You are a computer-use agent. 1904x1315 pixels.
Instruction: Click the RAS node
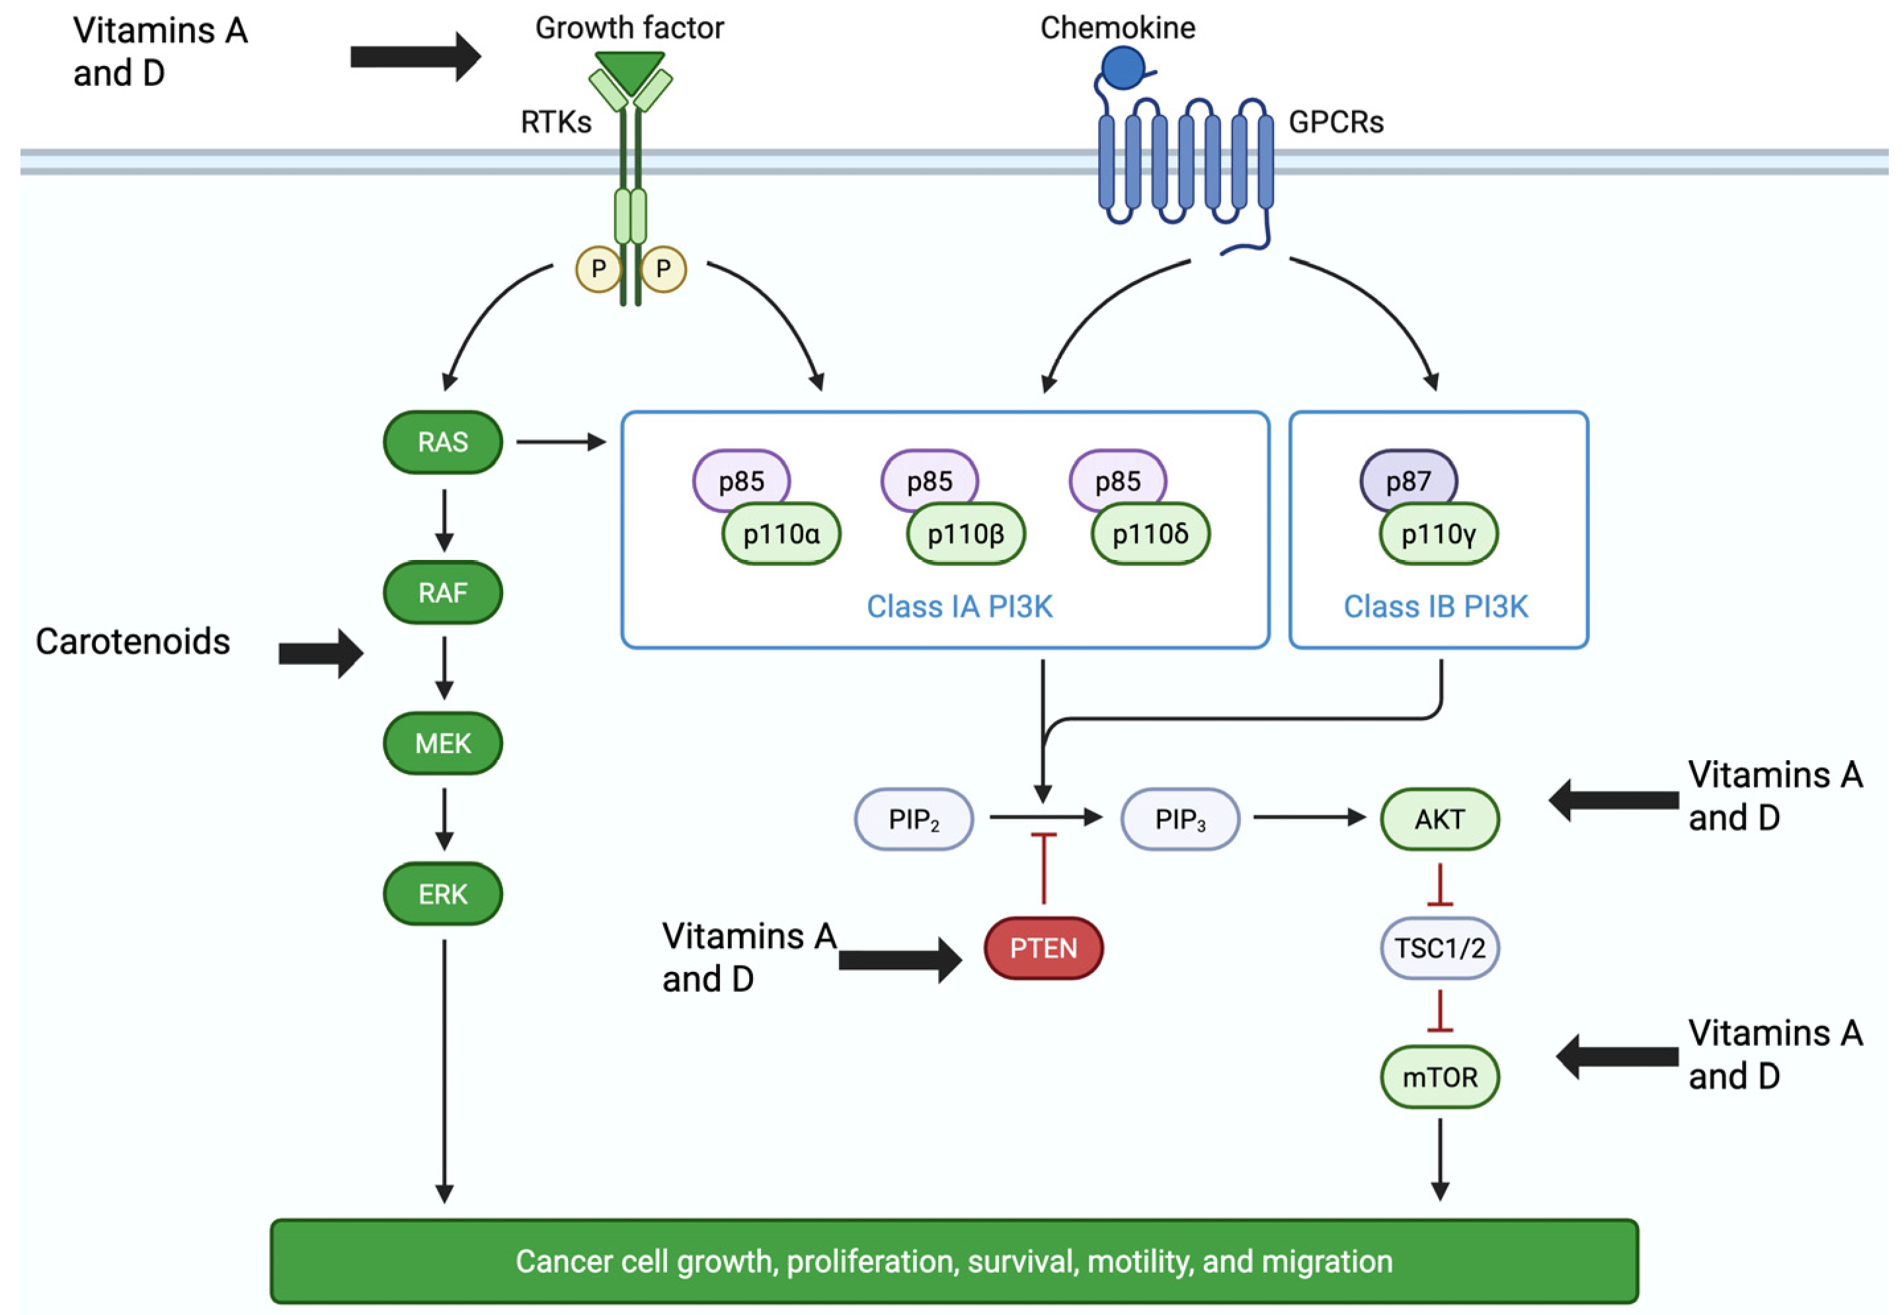point(442,442)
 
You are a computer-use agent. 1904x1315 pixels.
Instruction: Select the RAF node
point(442,592)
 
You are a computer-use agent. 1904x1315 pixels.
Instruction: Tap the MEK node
point(442,743)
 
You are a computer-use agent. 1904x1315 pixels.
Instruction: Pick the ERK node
point(442,894)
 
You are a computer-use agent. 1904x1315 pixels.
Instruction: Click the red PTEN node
point(1043,948)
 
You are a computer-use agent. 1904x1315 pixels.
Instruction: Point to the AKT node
point(1439,819)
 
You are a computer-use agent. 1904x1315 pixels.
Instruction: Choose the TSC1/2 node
point(1439,948)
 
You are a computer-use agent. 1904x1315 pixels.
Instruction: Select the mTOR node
point(1439,1077)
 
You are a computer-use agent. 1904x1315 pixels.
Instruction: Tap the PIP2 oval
point(914,819)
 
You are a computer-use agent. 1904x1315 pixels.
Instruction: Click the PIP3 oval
point(1180,819)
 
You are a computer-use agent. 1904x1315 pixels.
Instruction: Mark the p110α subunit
point(781,534)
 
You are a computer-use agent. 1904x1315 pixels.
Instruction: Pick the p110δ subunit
point(1150,534)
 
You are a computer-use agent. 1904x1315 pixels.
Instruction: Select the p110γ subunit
point(1439,534)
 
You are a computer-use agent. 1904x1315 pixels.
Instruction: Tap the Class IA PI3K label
point(959,606)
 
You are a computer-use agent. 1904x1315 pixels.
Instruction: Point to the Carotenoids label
point(133,642)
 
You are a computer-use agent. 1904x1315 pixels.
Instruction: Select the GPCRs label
point(1335,122)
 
